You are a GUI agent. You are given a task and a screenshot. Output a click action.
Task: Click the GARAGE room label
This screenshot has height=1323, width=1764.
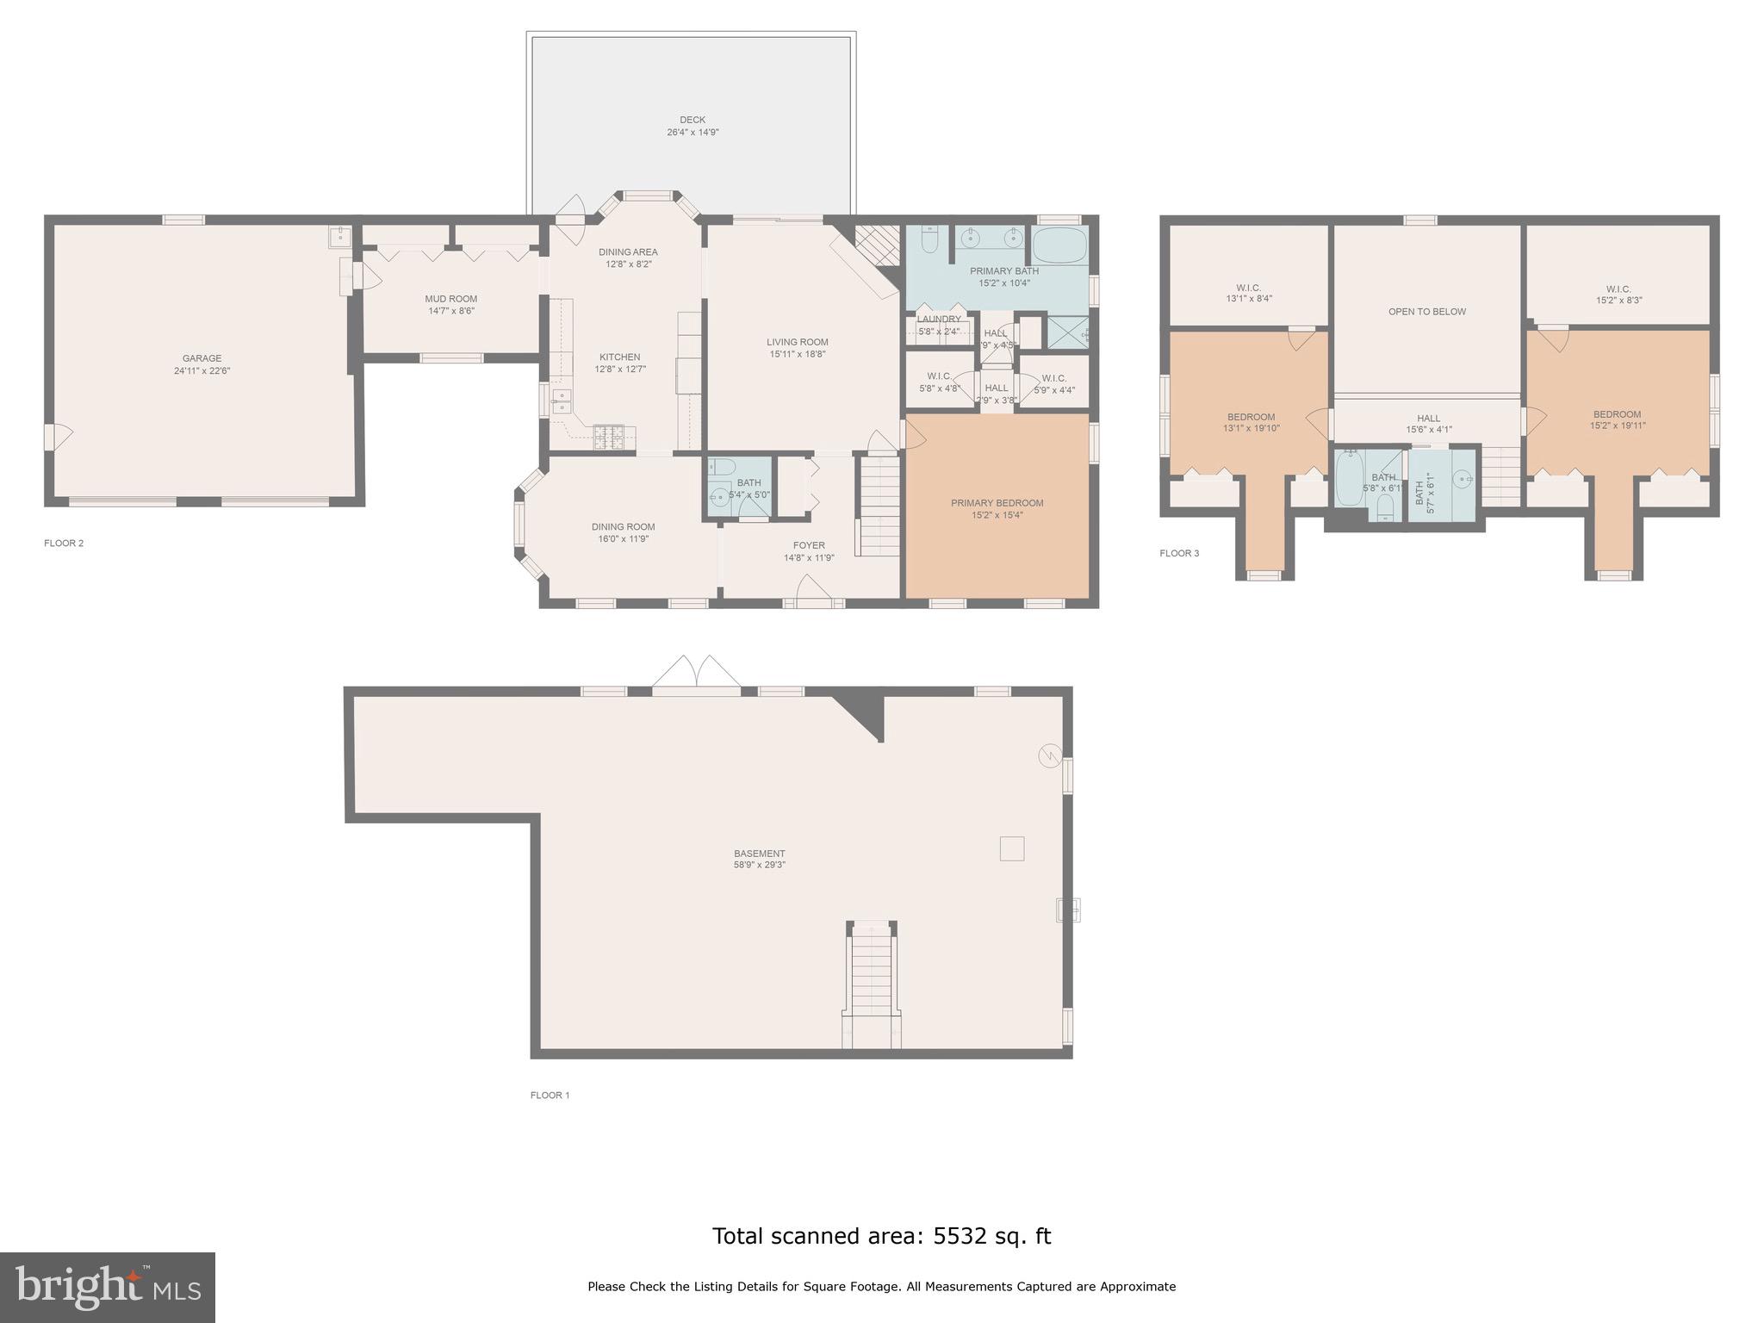pyautogui.click(x=202, y=358)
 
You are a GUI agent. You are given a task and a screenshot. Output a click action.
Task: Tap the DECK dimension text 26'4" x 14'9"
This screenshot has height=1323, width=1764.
pyautogui.click(x=693, y=133)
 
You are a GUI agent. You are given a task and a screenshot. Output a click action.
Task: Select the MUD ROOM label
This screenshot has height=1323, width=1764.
pyautogui.click(x=450, y=299)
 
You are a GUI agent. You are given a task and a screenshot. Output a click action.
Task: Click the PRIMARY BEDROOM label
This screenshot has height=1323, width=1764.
pyautogui.click(x=997, y=503)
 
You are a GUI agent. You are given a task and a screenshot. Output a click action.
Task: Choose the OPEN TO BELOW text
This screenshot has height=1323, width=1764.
pyautogui.click(x=1426, y=312)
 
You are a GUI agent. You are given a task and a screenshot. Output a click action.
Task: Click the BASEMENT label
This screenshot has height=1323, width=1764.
pyautogui.click(x=759, y=854)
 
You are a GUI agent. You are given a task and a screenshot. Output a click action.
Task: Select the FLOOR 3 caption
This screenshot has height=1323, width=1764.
pyautogui.click(x=1178, y=553)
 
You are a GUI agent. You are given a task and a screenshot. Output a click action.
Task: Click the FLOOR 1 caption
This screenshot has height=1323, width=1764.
pyautogui.click(x=550, y=1096)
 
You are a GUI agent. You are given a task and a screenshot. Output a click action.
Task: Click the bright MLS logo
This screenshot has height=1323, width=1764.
pyautogui.click(x=108, y=1287)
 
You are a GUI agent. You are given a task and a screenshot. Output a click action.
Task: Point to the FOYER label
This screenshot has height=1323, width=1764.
pyautogui.click(x=809, y=545)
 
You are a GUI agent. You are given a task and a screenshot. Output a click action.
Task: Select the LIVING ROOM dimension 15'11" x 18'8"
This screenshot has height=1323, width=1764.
pyautogui.click(x=798, y=354)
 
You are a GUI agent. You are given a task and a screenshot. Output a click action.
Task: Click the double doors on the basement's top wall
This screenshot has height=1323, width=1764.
pyautogui.click(x=696, y=674)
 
